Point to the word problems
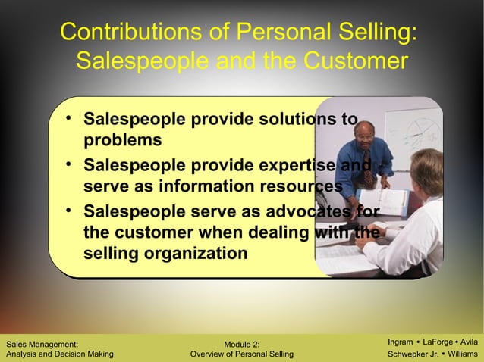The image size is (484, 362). point(122,140)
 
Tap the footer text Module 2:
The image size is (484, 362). point(242,345)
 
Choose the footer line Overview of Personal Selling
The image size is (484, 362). point(243,354)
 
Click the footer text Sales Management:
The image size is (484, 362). point(41,345)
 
